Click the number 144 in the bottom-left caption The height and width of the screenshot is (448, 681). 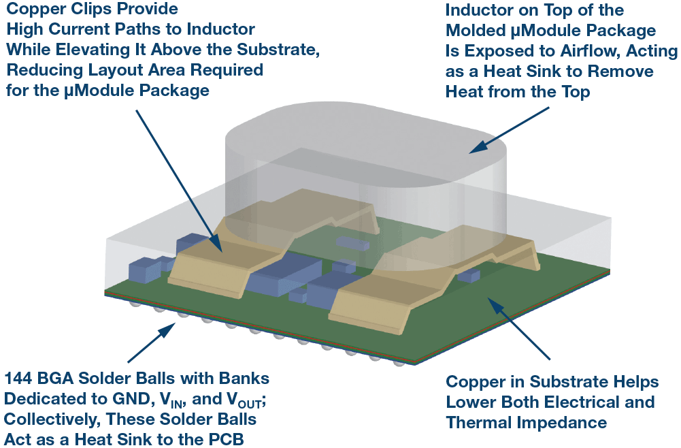click(x=22, y=378)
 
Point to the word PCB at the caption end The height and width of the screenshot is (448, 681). click(x=227, y=439)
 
